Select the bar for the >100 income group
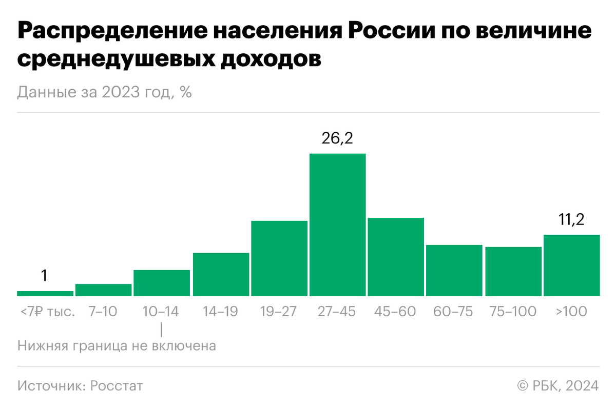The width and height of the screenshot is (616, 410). tap(571, 265)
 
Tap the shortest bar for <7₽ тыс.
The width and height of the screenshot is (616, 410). tap(45, 293)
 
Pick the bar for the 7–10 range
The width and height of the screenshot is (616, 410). tap(103, 290)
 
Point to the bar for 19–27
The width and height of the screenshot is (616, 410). tap(279, 258)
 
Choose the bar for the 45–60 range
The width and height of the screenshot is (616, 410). tap(396, 257)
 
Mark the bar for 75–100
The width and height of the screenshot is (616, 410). tap(513, 271)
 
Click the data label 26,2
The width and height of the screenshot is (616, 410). tap(337, 138)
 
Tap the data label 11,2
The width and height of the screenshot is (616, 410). tap(571, 220)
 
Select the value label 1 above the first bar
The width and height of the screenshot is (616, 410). tap(45, 276)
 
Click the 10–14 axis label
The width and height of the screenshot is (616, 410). tap(161, 312)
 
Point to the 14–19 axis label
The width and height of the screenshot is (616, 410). tap(220, 312)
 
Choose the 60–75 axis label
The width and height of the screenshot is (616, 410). tap(454, 312)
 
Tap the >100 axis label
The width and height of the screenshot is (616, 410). tap(571, 312)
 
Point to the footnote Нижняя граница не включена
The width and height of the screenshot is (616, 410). tap(117, 346)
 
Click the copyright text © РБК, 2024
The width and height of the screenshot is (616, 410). tap(557, 385)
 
